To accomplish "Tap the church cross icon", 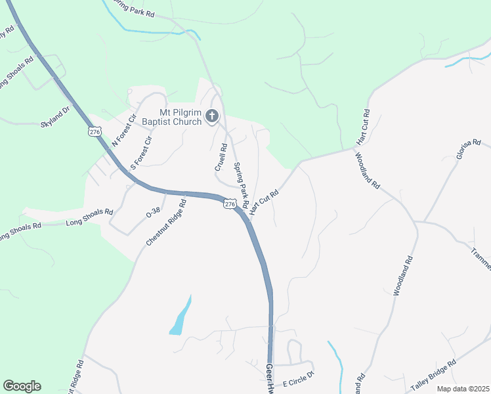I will tap(211, 117).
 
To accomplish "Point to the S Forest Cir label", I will tap(142, 152).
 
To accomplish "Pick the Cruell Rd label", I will tap(221, 158).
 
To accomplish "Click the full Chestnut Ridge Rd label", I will tap(167, 223).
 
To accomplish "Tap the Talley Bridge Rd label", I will tap(433, 377).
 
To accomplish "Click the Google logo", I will tap(22, 386).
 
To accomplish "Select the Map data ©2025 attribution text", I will tap(463, 389).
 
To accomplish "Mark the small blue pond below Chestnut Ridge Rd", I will tap(181, 318).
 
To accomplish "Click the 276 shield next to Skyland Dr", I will tap(95, 132).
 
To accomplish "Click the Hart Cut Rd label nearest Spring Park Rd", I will tap(265, 200).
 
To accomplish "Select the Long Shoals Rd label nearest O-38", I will tap(90, 218).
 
